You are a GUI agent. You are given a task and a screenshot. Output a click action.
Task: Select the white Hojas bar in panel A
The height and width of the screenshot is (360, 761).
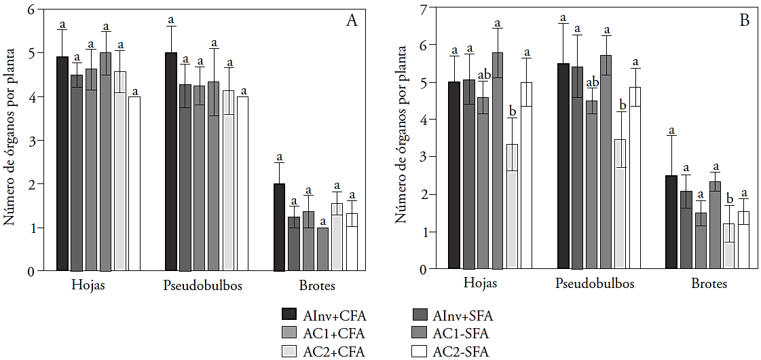coord(134,183)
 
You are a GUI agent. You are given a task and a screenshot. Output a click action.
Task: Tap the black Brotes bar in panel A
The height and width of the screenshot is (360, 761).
coord(279,227)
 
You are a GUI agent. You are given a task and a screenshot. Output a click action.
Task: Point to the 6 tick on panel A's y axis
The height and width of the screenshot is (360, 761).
coord(31,10)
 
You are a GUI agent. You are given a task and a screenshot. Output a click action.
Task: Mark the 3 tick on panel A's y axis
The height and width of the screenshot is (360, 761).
coord(31,141)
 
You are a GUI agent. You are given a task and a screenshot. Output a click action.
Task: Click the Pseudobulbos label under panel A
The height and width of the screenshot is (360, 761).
coord(203,286)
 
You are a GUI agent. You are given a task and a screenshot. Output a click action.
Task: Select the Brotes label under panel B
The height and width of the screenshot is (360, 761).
coord(709,284)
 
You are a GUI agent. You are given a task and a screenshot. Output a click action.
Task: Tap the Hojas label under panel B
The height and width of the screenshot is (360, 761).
coord(480,284)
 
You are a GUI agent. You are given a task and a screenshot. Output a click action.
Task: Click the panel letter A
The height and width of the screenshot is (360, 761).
coord(352,21)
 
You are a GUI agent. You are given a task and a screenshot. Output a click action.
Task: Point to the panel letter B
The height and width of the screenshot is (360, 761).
coord(744,20)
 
